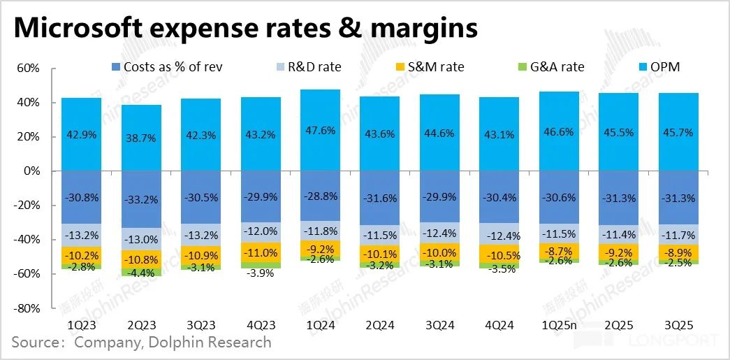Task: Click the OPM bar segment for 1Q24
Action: click(320, 130)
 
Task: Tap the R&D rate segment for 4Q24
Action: click(499, 233)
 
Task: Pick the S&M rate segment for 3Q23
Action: click(200, 255)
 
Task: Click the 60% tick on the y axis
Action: click(27, 69)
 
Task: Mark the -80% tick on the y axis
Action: click(26, 308)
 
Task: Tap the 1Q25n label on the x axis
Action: click(559, 326)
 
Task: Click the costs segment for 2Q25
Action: click(618, 198)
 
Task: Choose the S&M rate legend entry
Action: click(439, 67)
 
